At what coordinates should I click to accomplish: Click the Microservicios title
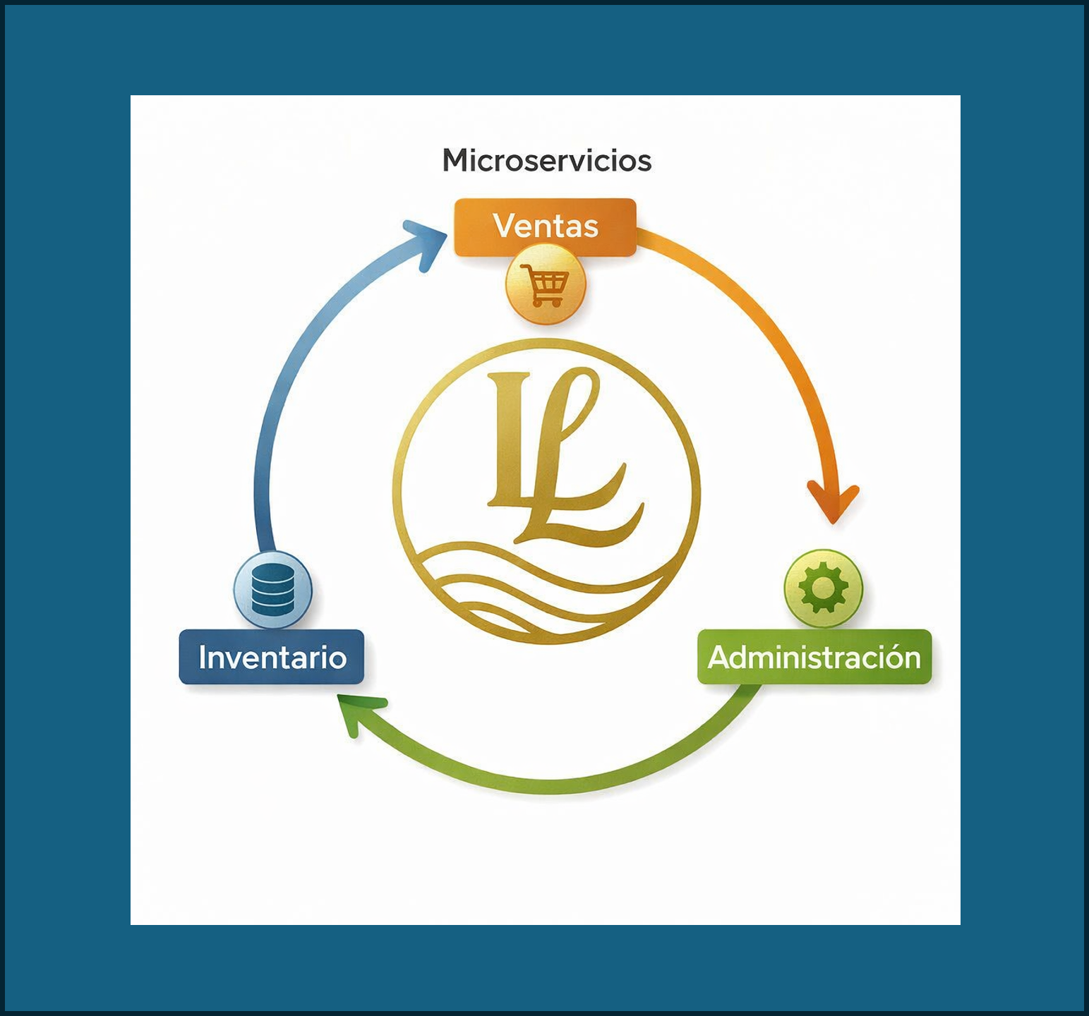pos(546,161)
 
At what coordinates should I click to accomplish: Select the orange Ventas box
pos(545,226)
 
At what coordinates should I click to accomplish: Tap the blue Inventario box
pos(272,657)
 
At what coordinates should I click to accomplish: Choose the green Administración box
pos(814,657)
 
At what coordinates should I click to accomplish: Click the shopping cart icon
pos(545,285)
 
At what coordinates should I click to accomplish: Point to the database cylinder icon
pos(272,589)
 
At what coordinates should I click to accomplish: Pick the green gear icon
pos(823,588)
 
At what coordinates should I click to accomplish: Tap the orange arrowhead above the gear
pos(834,501)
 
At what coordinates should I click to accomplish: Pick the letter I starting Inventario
pos(203,657)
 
